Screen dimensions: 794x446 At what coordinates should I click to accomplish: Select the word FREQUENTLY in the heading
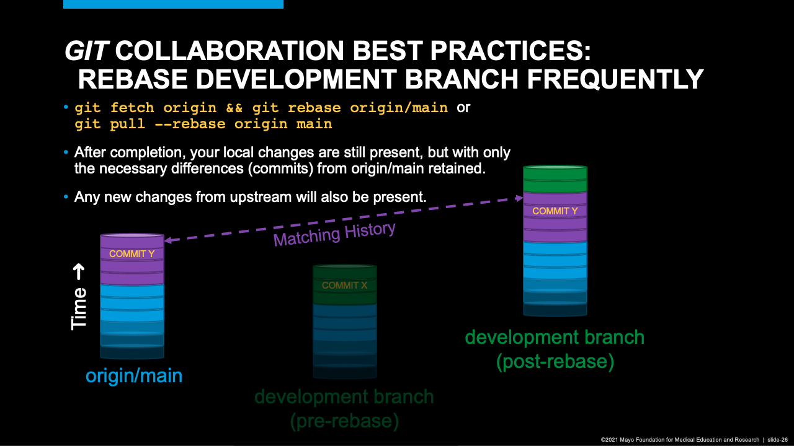click(x=615, y=79)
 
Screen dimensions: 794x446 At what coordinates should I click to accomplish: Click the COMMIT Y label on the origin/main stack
click(x=132, y=254)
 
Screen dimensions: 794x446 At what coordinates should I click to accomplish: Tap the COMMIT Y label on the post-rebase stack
click(x=555, y=211)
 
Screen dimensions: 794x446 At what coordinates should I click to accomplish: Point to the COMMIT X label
click(x=344, y=286)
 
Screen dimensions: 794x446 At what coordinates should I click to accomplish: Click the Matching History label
click(x=334, y=234)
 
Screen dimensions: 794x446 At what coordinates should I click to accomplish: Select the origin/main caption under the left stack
click(x=134, y=375)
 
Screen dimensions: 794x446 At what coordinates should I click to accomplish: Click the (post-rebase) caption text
click(x=555, y=361)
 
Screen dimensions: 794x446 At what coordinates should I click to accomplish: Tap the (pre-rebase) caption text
click(x=344, y=421)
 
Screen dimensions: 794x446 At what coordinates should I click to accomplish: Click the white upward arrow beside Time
click(x=79, y=272)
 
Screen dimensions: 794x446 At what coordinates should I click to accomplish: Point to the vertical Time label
click(x=79, y=308)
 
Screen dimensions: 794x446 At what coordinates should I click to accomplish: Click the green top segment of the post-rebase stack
click(x=555, y=179)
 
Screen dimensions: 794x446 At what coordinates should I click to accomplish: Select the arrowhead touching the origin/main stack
click(x=167, y=240)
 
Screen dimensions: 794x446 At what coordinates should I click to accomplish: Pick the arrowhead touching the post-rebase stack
click(x=520, y=198)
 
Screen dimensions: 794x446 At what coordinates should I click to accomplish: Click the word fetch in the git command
click(x=132, y=107)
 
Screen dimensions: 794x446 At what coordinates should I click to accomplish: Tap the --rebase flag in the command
click(x=190, y=124)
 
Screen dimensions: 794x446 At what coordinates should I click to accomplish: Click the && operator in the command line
click(x=234, y=108)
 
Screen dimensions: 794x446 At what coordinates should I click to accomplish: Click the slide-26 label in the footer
click(x=777, y=440)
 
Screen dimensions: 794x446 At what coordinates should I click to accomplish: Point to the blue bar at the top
click(x=173, y=4)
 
